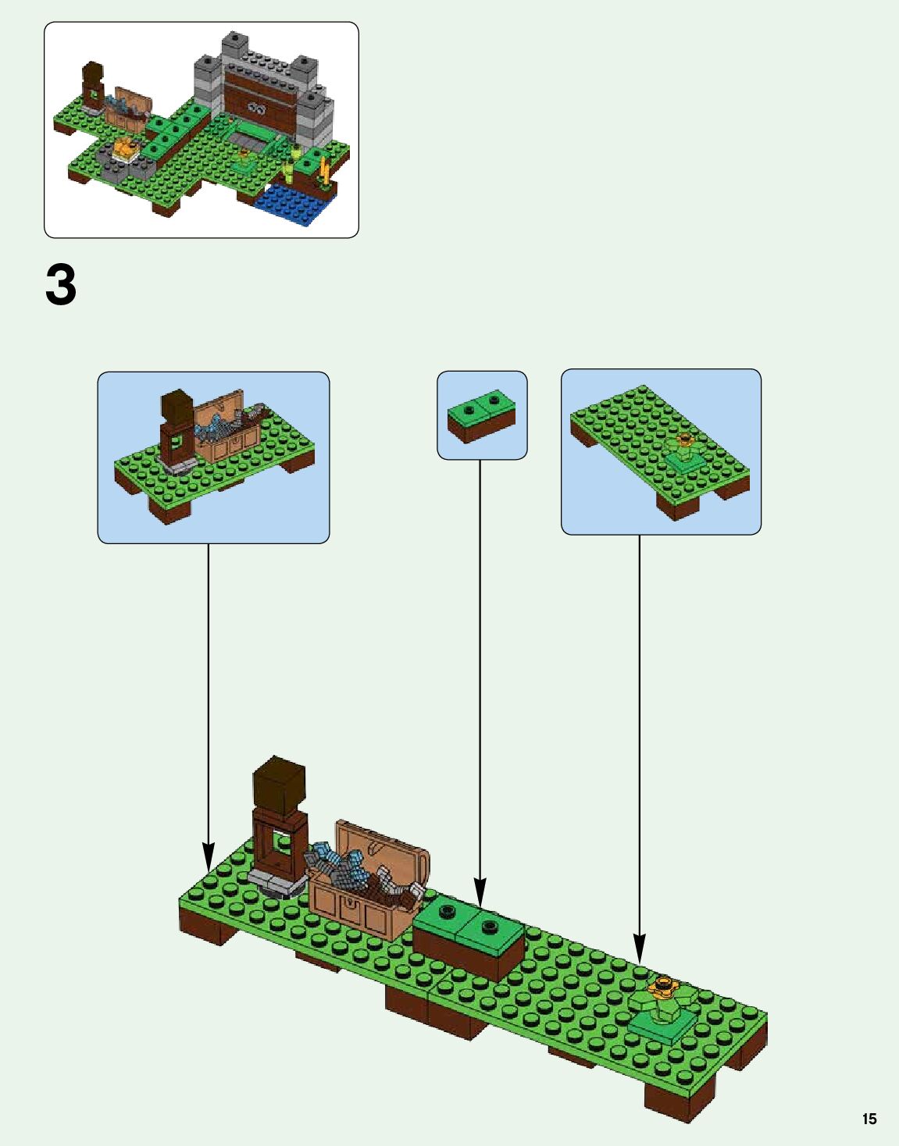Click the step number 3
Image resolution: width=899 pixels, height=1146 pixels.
pos(61,285)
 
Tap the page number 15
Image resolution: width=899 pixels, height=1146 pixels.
pos(869,1119)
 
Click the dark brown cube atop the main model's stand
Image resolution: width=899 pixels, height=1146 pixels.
pos(279,785)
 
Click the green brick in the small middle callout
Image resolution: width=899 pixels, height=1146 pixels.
pos(481,415)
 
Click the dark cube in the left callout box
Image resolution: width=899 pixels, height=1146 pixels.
pos(177,407)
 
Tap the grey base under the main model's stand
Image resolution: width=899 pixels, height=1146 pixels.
pos(275,883)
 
